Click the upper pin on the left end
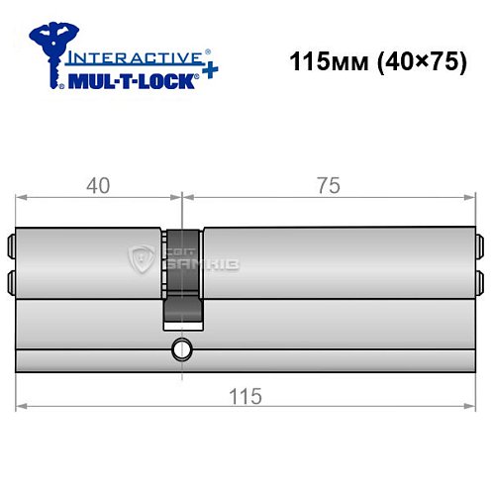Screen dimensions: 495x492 click(x=13, y=244)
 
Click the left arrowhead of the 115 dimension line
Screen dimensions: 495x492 click(x=22, y=406)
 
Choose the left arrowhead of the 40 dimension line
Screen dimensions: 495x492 click(x=22, y=197)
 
